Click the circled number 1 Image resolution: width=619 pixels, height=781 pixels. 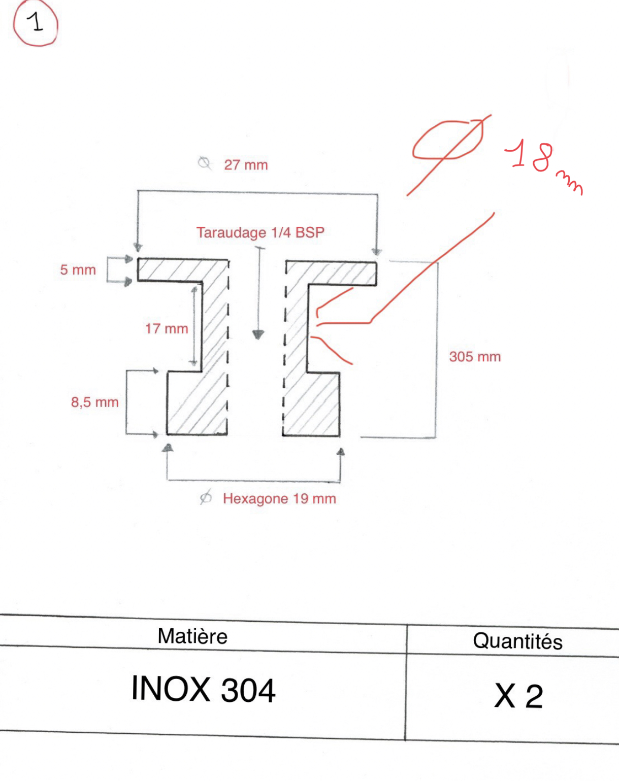tap(36, 23)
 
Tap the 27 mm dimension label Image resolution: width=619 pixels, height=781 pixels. tap(246, 165)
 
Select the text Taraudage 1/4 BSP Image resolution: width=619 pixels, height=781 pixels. tap(260, 232)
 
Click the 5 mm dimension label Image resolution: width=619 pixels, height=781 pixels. tap(78, 270)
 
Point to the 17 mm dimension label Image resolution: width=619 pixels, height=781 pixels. tap(167, 329)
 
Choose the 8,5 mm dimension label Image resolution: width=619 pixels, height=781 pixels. tap(95, 402)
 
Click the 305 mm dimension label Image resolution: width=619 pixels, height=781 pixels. tap(475, 357)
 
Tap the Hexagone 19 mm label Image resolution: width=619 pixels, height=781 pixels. tap(279, 499)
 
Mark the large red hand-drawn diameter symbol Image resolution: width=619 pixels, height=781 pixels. tap(449, 154)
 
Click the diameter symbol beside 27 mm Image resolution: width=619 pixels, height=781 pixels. tap(205, 163)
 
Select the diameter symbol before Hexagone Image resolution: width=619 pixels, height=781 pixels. tap(206, 497)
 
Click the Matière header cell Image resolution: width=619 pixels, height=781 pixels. tap(192, 636)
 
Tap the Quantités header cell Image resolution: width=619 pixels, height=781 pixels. tap(517, 641)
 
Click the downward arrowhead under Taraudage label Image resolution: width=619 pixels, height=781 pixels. tap(258, 334)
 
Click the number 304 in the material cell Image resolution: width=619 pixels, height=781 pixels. tap(248, 690)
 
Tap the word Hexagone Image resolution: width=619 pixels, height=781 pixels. tap(255, 499)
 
